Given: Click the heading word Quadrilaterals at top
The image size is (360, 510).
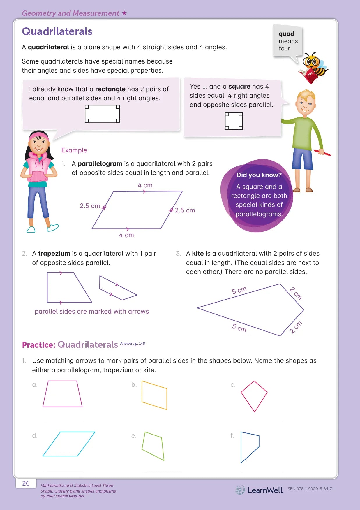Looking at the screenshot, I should coord(57,31).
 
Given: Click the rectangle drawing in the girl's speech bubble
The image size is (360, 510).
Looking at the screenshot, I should coord(102,114).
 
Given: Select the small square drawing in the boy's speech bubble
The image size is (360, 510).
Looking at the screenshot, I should coord(234,121).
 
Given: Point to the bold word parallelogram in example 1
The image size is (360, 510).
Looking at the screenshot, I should coord(100,164).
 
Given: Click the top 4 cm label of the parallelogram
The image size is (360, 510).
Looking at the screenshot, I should coord(145,185).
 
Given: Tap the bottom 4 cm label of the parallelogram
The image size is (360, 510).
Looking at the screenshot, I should coord(126,235).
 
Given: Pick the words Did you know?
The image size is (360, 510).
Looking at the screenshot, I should coord(259,175).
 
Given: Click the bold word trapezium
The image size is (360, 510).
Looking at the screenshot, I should coord(54,254).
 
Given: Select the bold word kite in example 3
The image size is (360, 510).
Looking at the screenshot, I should coord(198,254).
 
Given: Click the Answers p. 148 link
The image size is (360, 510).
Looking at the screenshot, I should coord(133,344).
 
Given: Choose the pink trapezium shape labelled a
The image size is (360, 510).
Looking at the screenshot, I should coord(62,394).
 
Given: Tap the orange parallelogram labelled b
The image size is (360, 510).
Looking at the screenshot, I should coord(154,395).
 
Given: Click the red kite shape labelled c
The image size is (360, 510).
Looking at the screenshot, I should coord(254,396).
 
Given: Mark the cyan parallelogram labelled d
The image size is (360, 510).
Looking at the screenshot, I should coord(69,444).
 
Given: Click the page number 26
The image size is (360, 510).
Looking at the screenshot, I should coord(26,483).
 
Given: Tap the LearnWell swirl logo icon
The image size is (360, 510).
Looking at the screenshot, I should coord(240,490).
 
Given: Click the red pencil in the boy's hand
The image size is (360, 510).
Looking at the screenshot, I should coord(323,152).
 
